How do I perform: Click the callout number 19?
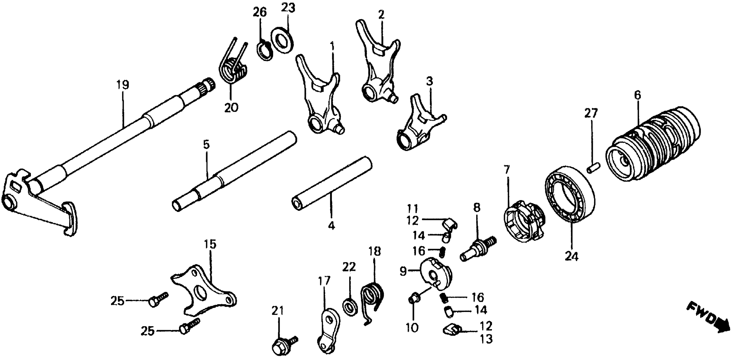(x=123, y=85)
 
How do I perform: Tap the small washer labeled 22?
(x=350, y=307)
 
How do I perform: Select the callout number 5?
(x=206, y=145)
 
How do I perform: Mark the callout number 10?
(x=412, y=328)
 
